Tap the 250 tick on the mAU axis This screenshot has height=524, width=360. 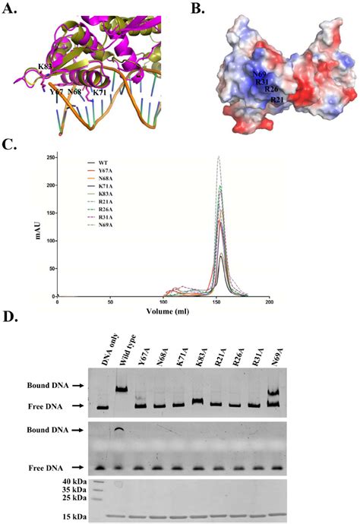point(49,158)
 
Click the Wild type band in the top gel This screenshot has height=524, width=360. point(122,389)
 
